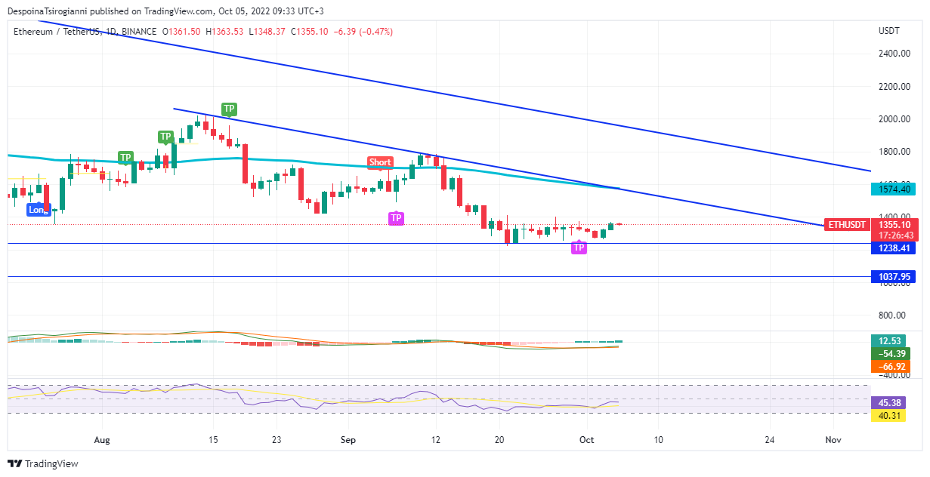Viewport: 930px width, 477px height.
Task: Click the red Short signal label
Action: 380,162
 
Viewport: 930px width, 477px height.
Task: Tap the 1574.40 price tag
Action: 892,189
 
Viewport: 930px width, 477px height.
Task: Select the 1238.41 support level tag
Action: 892,248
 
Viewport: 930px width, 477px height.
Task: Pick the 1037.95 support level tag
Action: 892,277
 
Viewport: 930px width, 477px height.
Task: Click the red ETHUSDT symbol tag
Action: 845,224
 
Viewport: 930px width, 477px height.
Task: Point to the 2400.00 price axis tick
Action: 893,54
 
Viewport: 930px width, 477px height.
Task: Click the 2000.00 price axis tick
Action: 893,119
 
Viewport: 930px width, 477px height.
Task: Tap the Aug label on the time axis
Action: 102,439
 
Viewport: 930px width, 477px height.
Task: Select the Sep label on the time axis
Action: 348,439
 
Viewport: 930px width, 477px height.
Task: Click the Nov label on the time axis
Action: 833,439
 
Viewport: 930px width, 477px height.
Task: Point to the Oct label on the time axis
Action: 587,439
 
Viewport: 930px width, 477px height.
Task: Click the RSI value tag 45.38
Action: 892,403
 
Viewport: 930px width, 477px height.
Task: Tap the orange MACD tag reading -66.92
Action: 892,367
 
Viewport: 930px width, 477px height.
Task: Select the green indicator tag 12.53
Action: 892,341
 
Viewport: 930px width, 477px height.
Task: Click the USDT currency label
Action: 889,31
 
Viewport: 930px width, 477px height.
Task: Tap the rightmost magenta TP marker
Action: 579,248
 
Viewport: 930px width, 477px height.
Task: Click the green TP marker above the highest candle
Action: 228,109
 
